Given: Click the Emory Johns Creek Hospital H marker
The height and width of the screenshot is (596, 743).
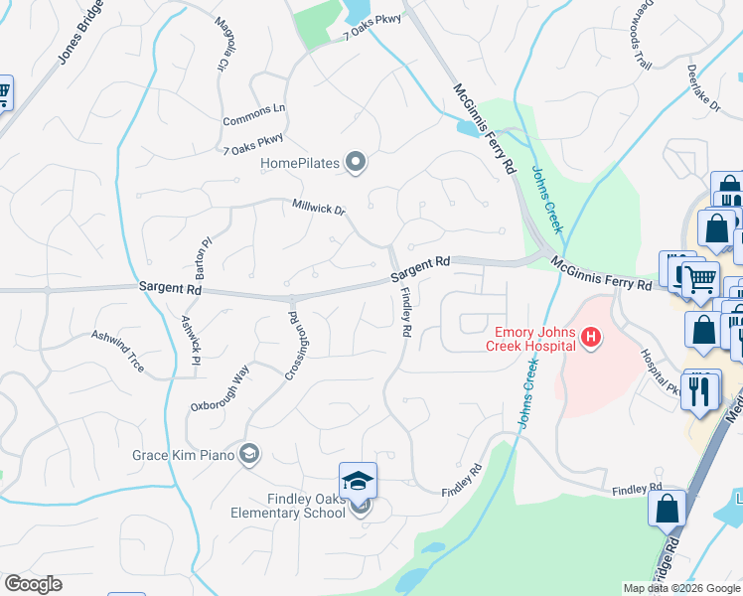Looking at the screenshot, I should [592, 339].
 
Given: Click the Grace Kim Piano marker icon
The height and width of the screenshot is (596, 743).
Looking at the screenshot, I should [249, 455].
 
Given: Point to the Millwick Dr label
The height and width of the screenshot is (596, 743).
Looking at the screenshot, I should [319, 210].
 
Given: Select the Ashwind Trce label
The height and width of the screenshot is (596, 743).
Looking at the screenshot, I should [118, 352].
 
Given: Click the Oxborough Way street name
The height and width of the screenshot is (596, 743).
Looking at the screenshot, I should [221, 388].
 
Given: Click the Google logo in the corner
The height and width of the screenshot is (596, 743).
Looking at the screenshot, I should [33, 584].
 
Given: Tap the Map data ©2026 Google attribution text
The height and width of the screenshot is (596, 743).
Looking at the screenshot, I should [682, 588].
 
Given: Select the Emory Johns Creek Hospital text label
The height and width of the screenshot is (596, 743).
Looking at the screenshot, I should [530, 339].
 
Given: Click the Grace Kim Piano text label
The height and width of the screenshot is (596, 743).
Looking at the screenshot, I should [184, 456].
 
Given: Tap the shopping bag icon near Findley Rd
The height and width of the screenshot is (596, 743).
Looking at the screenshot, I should [668, 509].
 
